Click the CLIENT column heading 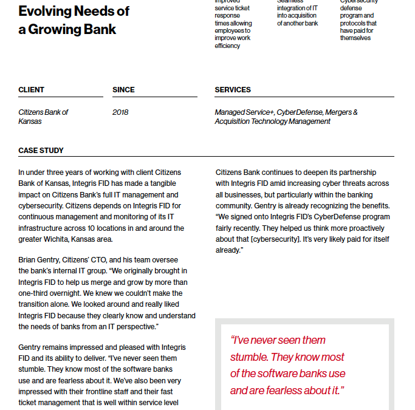click(x=31, y=90)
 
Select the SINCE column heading click(x=123, y=90)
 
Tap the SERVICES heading click(x=233, y=90)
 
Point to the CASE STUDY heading click(x=41, y=151)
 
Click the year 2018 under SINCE click(x=120, y=112)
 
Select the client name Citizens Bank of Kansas click(x=43, y=117)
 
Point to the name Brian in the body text click(x=28, y=260)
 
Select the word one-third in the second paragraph click(x=35, y=293)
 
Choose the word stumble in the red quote click(x=249, y=357)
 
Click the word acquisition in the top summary click(x=302, y=15)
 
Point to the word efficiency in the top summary click(x=227, y=46)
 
